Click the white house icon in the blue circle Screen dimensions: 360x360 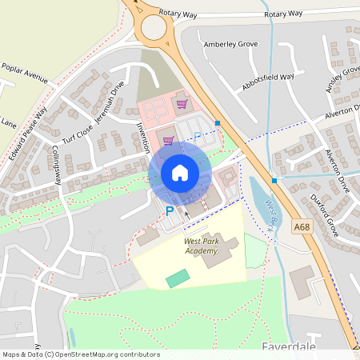tap(180, 172)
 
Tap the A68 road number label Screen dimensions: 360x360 tap(302, 227)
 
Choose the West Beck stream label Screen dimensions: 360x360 tap(270, 213)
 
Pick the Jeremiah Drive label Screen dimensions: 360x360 tap(109, 105)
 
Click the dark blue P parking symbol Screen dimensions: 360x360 tap(169, 211)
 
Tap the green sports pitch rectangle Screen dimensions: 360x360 tap(178, 278)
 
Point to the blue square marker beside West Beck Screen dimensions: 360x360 tap(274, 181)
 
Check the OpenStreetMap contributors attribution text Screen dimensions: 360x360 tap(80, 354)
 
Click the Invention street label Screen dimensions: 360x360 tap(143, 137)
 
